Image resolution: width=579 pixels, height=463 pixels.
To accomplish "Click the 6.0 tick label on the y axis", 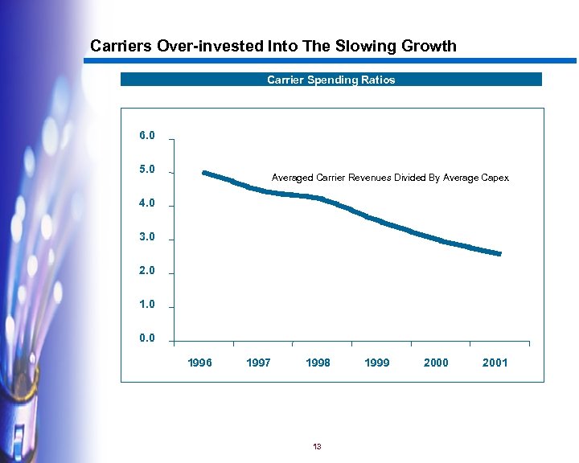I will click(x=146, y=136).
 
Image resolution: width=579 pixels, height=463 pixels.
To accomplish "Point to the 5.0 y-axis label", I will click(x=146, y=170).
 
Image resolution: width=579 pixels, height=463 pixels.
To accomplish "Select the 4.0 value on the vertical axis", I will click(x=146, y=203).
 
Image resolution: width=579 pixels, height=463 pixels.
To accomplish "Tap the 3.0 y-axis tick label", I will click(x=146, y=237).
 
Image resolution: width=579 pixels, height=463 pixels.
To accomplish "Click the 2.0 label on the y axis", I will click(x=146, y=271).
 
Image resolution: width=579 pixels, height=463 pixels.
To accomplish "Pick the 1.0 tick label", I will click(x=146, y=305).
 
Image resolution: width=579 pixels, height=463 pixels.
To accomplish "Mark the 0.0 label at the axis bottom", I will click(x=146, y=338).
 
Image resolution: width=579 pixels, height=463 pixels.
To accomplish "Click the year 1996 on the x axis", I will click(x=199, y=363).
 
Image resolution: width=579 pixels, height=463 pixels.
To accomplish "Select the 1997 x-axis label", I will click(x=258, y=363).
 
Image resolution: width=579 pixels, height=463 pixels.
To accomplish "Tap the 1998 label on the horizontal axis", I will click(x=318, y=363).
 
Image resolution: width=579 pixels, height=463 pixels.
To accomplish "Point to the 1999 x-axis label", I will click(x=376, y=363).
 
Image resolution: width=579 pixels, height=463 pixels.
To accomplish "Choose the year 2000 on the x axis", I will click(x=436, y=363).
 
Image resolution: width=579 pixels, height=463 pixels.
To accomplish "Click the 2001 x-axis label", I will click(x=495, y=363).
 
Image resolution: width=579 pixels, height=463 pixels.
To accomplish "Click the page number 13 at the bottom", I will click(x=317, y=446).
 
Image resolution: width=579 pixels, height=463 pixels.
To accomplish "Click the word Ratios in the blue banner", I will click(x=376, y=80).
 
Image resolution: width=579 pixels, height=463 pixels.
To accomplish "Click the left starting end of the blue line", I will click(x=204, y=173).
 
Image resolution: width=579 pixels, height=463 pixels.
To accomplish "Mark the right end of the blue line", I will click(x=499, y=254).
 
